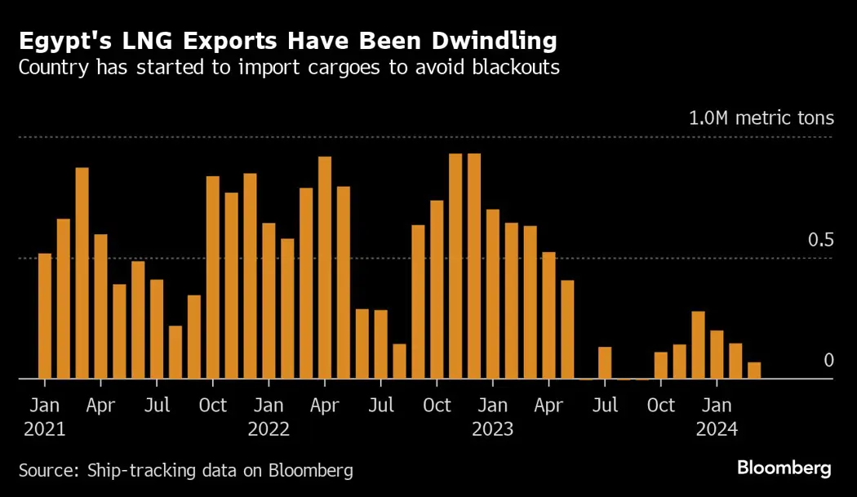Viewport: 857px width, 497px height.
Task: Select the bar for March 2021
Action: click(82, 273)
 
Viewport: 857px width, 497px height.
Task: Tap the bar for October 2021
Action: click(213, 277)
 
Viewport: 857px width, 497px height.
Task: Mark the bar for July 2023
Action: click(605, 363)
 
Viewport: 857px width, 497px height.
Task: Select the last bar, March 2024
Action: click(754, 371)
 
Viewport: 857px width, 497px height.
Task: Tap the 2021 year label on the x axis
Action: click(45, 428)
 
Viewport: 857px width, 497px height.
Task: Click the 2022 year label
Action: click(269, 428)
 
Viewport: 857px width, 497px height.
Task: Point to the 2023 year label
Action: click(493, 428)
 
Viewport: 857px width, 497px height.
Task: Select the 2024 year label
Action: click(717, 428)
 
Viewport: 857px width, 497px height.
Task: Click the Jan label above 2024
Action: click(717, 406)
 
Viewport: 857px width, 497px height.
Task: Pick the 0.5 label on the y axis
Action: click(821, 240)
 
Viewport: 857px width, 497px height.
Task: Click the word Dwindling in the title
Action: click(488, 40)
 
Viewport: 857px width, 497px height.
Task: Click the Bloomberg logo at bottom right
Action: click(784, 468)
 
